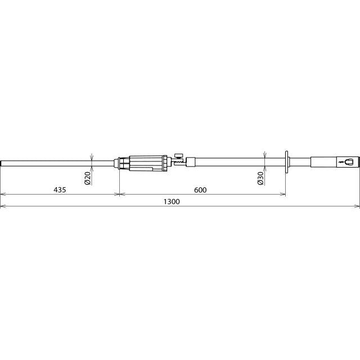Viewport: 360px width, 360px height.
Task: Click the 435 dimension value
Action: point(60,190)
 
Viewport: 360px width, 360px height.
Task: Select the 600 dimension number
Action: point(200,190)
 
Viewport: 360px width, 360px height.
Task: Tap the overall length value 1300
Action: point(172,201)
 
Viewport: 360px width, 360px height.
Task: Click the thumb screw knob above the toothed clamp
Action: point(179,156)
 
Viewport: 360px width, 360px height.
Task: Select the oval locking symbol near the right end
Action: point(349,162)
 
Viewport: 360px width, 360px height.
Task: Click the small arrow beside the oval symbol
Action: point(342,163)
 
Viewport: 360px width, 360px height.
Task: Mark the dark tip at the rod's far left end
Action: point(1,164)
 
